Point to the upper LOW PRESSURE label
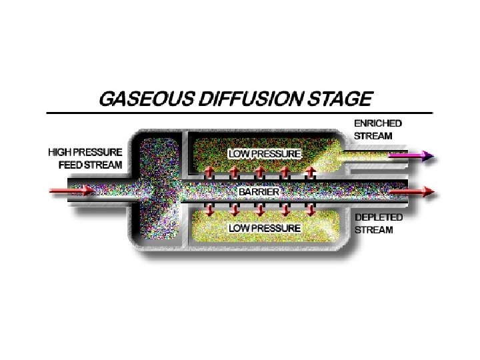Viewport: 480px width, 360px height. (x=265, y=153)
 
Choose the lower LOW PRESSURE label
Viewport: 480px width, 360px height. (x=265, y=228)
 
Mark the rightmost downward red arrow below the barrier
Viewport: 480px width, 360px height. (x=310, y=209)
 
